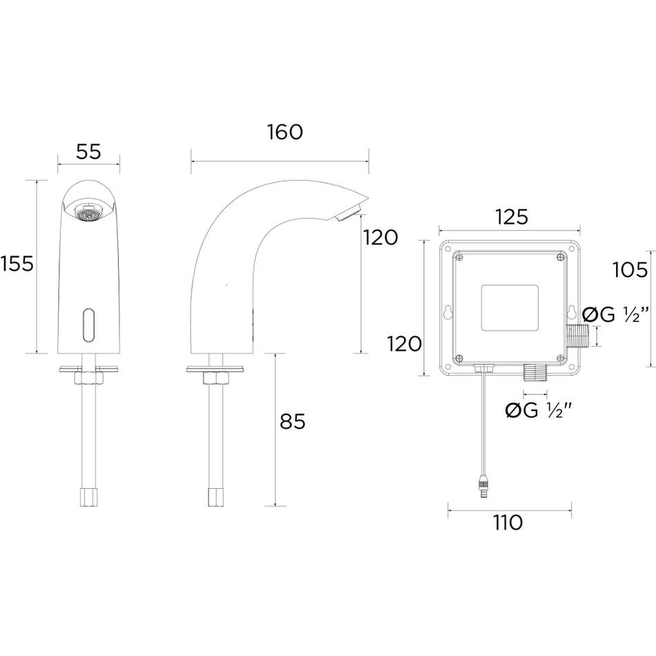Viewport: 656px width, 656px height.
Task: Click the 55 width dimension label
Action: (x=88, y=151)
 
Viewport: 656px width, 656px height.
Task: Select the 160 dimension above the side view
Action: (x=285, y=132)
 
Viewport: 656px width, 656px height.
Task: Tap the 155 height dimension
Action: (x=17, y=264)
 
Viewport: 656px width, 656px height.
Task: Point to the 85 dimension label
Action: (x=293, y=421)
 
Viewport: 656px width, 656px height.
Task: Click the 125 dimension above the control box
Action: (x=512, y=217)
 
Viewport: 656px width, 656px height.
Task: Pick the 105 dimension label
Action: (x=630, y=270)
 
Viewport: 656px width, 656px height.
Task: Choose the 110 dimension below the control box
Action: (x=508, y=523)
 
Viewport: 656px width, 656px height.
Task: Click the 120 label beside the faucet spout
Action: (x=380, y=238)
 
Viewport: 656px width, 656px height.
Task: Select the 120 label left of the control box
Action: (x=404, y=345)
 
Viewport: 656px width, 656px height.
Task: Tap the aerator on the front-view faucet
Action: (x=88, y=213)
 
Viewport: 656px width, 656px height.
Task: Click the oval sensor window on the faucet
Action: (x=88, y=325)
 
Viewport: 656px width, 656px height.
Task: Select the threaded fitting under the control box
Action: (x=534, y=372)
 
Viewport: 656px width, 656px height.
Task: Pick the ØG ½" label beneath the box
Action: (x=539, y=411)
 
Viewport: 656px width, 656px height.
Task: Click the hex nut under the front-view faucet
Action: (x=88, y=378)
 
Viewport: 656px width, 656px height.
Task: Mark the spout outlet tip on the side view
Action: (x=349, y=212)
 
